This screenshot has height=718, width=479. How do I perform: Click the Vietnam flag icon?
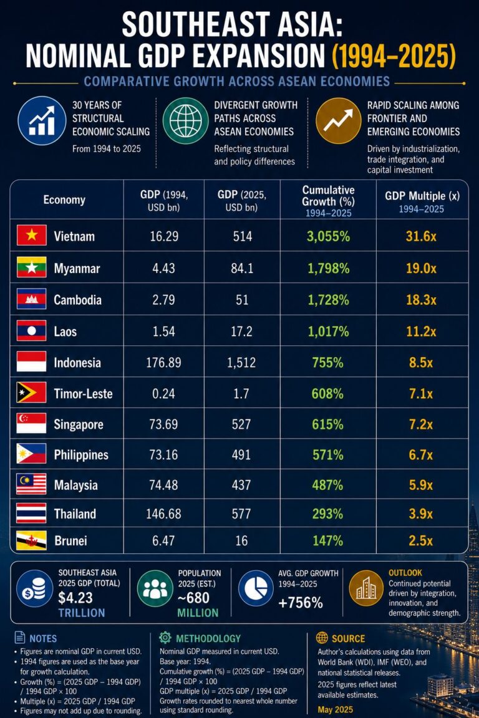pyautogui.click(x=32, y=236)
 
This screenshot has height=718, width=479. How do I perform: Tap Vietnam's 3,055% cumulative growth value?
pyautogui.click(x=328, y=236)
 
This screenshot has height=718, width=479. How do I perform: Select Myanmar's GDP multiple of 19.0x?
pyautogui.click(x=421, y=269)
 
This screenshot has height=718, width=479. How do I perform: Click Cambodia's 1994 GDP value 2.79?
pyautogui.click(x=163, y=300)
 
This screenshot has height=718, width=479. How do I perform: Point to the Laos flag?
pyautogui.click(x=32, y=330)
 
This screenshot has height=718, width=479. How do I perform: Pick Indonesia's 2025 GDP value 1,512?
pyautogui.click(x=241, y=363)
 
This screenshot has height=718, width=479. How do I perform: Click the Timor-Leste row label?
pyautogui.click(x=83, y=394)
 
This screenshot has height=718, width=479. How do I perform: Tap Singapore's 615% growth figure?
pyautogui.click(x=327, y=424)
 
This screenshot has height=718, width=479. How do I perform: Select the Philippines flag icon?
pyautogui.click(x=32, y=454)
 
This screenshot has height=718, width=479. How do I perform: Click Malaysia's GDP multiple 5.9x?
pyautogui.click(x=421, y=485)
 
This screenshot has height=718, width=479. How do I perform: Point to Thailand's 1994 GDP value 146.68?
pyautogui.click(x=163, y=514)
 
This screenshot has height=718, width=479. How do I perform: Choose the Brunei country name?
pyautogui.click(x=70, y=541)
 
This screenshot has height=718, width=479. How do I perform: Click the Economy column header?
pyautogui.click(x=64, y=199)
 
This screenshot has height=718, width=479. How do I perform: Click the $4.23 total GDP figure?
pyautogui.click(x=75, y=598)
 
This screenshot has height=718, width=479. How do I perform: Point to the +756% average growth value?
pyautogui.click(x=301, y=603)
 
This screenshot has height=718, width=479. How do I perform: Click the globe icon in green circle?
pyautogui.click(x=185, y=121)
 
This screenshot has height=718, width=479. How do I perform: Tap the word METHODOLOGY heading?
pyautogui.click(x=208, y=638)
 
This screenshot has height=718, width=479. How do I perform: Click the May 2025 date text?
pyautogui.click(x=335, y=710)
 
